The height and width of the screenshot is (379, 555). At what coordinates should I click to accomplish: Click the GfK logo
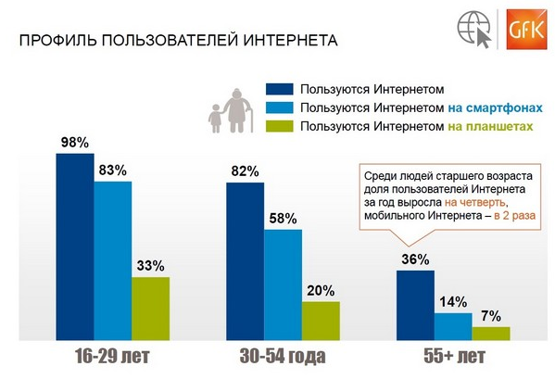point(527,30)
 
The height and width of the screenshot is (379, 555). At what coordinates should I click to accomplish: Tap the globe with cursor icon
point(474,30)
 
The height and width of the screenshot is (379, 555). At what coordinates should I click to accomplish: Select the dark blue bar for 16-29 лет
point(75,246)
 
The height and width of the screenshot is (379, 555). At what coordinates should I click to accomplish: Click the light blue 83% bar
point(113,260)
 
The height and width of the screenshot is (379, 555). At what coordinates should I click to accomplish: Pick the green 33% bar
point(150,309)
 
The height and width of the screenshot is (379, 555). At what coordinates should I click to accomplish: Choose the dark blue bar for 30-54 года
point(246,261)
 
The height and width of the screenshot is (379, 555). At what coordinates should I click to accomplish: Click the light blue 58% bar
point(283,284)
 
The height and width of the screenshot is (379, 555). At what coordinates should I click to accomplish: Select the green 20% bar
point(321,321)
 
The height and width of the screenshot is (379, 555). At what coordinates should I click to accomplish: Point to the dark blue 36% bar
point(415,306)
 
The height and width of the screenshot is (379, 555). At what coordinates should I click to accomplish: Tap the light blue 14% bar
point(453,326)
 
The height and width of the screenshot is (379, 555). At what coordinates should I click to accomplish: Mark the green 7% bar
point(491,334)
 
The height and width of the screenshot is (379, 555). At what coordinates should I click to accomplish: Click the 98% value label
point(75,143)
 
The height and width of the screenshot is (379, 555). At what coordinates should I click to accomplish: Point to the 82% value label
point(246,171)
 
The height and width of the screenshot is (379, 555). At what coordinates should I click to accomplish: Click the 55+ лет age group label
point(455,356)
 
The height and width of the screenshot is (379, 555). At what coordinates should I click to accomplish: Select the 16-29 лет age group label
point(112,356)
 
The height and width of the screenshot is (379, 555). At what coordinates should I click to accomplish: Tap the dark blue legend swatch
point(280,89)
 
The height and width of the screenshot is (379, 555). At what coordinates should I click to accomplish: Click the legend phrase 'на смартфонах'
point(495,107)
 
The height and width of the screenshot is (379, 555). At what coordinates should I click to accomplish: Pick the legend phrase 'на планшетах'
point(490,126)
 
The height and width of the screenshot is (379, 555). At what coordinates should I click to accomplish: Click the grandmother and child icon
point(231,111)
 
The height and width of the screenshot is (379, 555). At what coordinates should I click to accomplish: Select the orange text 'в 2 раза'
point(514,215)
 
